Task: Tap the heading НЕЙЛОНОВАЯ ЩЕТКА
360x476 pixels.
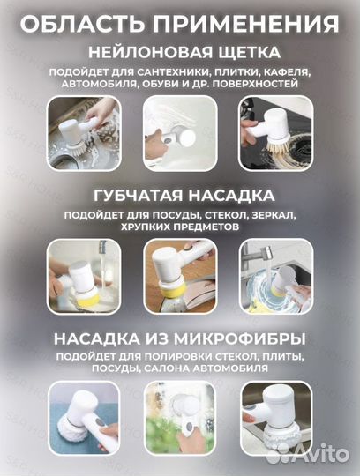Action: (x=179, y=51)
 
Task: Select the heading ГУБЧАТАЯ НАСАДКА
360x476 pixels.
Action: (x=179, y=195)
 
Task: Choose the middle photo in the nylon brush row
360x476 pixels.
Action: (x=179, y=132)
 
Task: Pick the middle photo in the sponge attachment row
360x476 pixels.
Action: (x=179, y=275)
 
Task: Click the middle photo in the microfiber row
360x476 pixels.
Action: (x=179, y=418)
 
